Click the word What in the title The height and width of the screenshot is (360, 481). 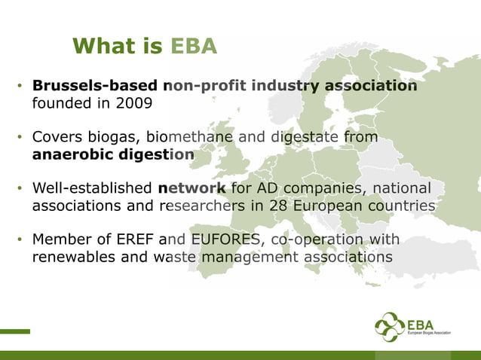(x=103, y=47)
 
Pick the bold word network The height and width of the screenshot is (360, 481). (x=192, y=188)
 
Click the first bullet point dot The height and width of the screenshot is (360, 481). (x=20, y=87)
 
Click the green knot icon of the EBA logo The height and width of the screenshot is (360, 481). (x=389, y=327)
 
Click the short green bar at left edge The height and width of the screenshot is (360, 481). (x=15, y=331)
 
